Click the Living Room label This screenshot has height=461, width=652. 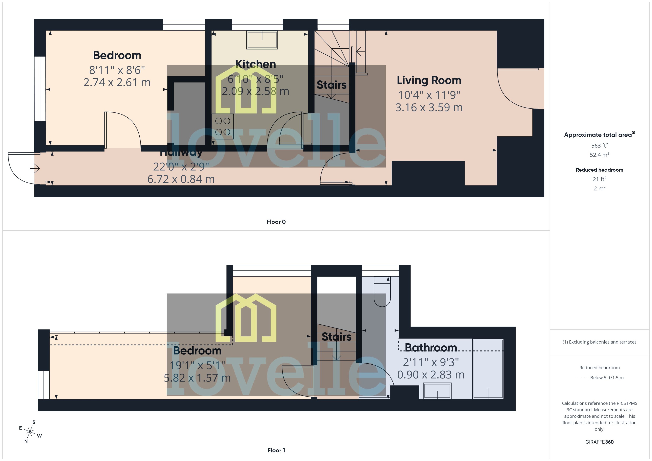pos(429,80)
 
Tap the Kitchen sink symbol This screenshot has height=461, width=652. pos(262,40)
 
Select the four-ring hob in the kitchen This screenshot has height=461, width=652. pos(222,126)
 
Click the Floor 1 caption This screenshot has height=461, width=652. pos(276,450)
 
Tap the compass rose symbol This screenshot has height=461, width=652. pos(30,432)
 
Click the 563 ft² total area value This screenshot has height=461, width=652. pos(599,146)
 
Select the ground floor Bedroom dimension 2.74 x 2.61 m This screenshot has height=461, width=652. pos(117,82)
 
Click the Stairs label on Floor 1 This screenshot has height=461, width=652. pos(336,337)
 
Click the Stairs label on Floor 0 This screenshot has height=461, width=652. pos(332,85)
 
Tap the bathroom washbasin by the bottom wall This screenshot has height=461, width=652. pos(437,391)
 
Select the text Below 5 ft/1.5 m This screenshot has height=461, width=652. pos(607,378)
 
